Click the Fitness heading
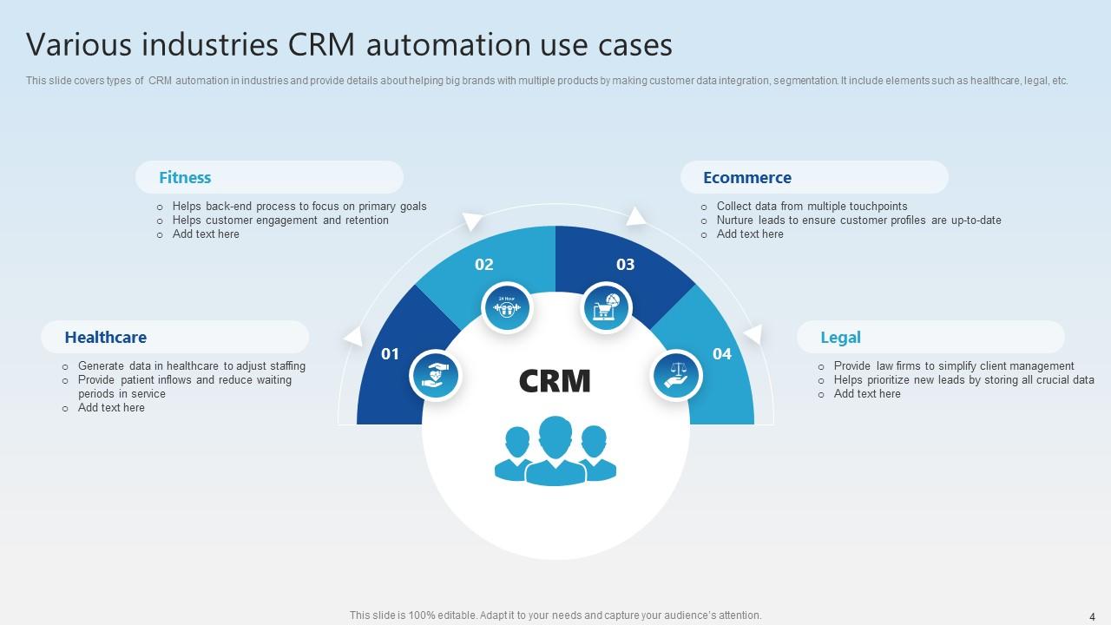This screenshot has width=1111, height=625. point(185,178)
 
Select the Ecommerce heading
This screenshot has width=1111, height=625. point(746,178)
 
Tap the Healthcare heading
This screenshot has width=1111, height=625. point(105,338)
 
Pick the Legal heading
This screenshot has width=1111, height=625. point(840,338)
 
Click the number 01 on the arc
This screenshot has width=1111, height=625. point(391,354)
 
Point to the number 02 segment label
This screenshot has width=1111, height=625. point(484,265)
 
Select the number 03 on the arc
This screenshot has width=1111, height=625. point(625,265)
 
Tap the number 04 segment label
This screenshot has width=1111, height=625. point(722,354)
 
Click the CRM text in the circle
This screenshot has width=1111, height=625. point(555,381)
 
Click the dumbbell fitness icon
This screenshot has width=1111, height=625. point(507,307)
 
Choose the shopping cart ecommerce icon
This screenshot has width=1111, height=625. point(606,307)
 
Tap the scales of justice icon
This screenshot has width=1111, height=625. point(676,376)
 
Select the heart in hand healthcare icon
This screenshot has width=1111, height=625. point(435,376)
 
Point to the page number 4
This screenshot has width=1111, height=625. point(1092,615)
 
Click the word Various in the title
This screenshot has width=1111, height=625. point(78,44)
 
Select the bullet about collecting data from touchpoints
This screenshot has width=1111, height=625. point(812,207)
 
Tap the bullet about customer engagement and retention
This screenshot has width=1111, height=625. point(280,220)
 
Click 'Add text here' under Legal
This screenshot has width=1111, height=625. point(867,394)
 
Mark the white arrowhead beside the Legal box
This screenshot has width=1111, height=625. point(753,334)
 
